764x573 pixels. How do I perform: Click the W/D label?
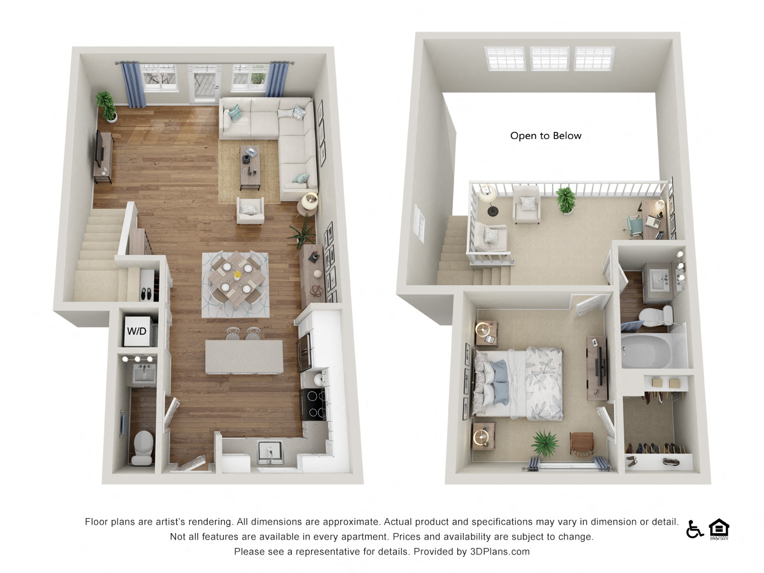click(137, 331)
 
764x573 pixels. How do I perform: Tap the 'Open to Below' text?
click(546, 136)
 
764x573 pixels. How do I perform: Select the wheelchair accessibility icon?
click(694, 529)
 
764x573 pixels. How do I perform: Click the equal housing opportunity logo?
click(719, 529)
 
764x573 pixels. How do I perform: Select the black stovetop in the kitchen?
click(314, 404)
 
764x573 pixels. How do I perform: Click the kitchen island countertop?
click(244, 356)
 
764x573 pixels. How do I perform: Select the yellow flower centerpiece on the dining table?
click(237, 275)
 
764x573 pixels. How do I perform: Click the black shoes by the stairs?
click(146, 293)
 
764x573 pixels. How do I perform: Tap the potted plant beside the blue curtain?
click(107, 104)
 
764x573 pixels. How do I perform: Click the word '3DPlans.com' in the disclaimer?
click(500, 552)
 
